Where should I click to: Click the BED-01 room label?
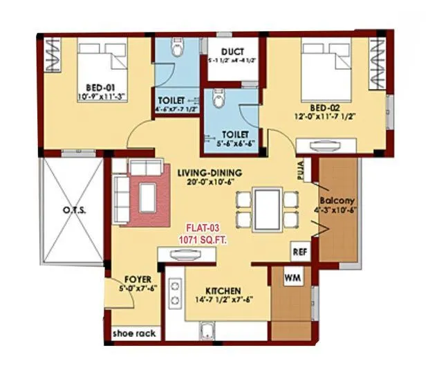pyautogui.click(x=100, y=87)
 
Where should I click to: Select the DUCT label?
pyautogui.click(x=232, y=52)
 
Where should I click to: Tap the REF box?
pyautogui.click(x=299, y=252)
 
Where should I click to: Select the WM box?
pyautogui.click(x=290, y=277)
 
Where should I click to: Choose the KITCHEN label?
pyautogui.click(x=222, y=290)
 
